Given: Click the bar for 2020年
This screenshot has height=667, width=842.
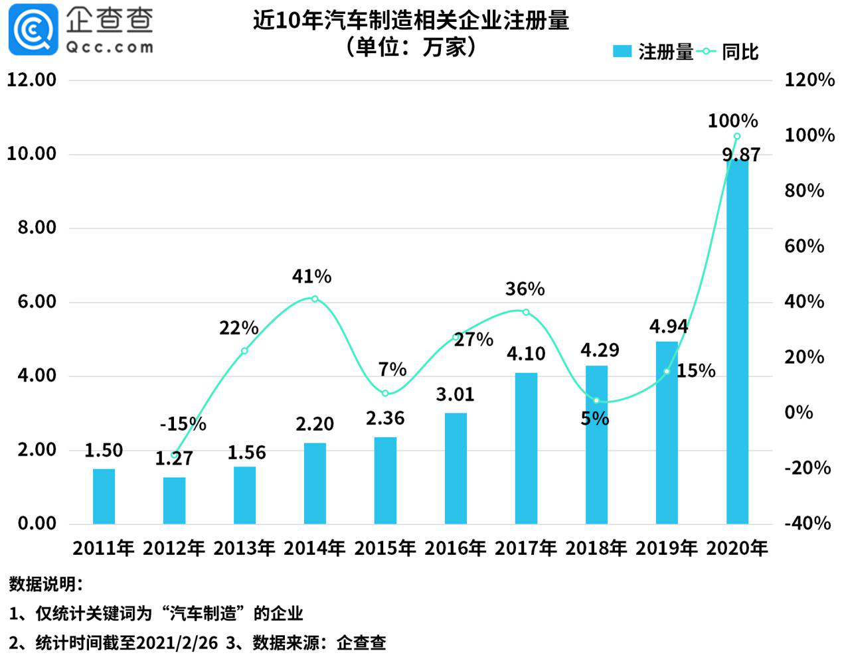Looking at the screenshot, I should pyautogui.click(x=737, y=345).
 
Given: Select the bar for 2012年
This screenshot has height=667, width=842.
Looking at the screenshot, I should pyautogui.click(x=174, y=500).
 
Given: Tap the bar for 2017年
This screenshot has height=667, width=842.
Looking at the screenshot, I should pyautogui.click(x=526, y=448).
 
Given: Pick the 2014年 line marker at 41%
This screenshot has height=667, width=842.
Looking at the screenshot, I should pyautogui.click(x=315, y=299).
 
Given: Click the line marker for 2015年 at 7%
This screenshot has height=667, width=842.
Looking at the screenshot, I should pyautogui.click(x=385, y=394).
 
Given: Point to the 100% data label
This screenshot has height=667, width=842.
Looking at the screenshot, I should pyautogui.click(x=732, y=121).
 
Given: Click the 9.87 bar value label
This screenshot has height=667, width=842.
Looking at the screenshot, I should pyautogui.click(x=740, y=155).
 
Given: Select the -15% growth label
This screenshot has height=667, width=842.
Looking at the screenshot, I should pyautogui.click(x=183, y=423).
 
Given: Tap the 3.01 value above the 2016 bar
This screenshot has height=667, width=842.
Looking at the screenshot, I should pyautogui.click(x=455, y=395).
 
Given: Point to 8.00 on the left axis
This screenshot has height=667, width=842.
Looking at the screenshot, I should pyautogui.click(x=37, y=228).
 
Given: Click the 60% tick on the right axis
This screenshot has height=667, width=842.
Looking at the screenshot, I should pyautogui.click(x=804, y=246).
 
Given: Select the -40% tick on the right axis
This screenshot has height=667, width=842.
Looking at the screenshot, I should pyautogui.click(x=807, y=523).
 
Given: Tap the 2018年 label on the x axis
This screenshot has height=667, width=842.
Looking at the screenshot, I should pyautogui.click(x=596, y=548).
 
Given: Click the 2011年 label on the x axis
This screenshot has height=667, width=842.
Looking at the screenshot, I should pyautogui.click(x=104, y=548).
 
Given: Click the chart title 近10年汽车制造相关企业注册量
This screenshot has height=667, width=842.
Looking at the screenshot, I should pyautogui.click(x=410, y=21).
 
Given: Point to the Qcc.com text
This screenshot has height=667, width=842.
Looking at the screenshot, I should pyautogui.click(x=110, y=47).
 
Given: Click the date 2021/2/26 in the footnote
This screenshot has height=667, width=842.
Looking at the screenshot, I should pyautogui.click(x=177, y=642).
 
